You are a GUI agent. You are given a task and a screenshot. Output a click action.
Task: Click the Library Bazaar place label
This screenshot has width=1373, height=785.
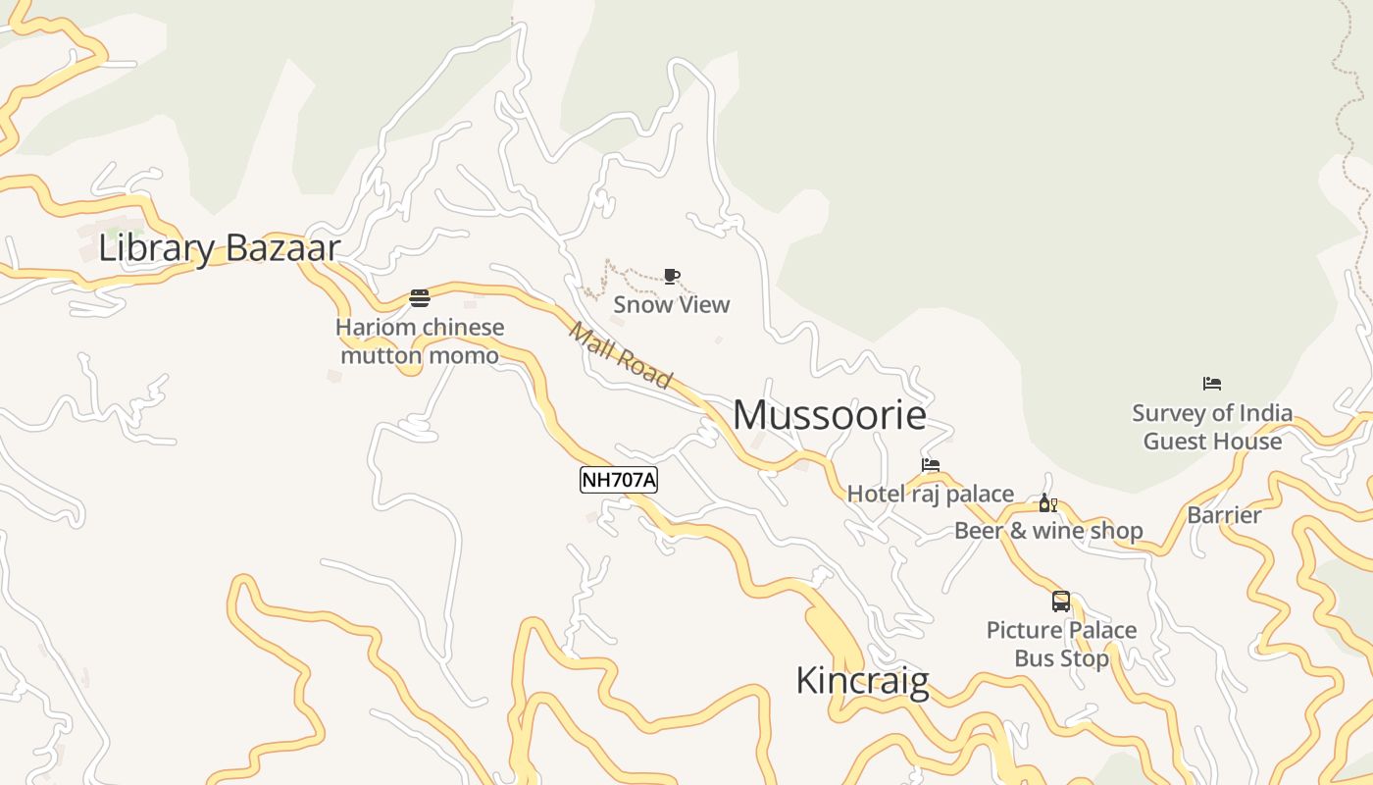coord(219,247)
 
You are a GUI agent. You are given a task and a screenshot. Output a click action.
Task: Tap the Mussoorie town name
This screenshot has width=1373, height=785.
coord(830,415)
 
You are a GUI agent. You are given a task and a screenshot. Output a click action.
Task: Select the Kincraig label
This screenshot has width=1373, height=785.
coord(862,680)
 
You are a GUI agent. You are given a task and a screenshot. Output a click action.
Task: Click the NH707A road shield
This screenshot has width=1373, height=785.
coord(618,480)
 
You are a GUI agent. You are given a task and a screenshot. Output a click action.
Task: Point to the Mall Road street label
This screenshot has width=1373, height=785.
coord(621,356)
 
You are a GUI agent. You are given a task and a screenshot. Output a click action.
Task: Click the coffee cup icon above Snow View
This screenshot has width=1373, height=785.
coord(672,276)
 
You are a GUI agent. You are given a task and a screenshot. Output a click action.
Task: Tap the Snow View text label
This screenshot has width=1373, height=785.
coord(672,304)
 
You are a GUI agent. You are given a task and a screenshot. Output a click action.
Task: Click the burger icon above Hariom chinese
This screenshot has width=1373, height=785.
coord(420,298)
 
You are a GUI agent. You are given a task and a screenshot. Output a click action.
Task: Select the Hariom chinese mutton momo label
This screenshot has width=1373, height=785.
coord(420,340)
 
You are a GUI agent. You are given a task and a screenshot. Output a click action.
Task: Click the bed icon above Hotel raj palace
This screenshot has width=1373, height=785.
coord(931,465)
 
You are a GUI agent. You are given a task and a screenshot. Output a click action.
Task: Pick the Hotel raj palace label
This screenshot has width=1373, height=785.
coord(931,494)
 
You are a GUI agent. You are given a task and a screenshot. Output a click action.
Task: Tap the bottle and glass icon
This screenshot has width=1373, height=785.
coord(1048,503)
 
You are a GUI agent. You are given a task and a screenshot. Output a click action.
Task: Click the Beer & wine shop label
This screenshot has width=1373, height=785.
coord(1048,531)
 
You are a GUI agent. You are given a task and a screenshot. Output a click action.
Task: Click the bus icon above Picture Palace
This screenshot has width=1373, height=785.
coord(1061,602)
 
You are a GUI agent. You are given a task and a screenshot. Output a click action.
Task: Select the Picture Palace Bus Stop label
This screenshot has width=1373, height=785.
coord(1062,644)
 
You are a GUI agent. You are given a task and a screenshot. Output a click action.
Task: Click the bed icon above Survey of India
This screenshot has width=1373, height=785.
coord(1212,384)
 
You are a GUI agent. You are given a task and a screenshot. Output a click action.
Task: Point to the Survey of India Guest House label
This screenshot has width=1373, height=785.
coord(1212,427)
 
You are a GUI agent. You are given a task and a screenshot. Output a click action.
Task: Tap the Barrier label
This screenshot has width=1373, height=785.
coord(1224,515)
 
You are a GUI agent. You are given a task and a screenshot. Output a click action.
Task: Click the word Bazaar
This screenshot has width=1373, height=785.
coord(281,247)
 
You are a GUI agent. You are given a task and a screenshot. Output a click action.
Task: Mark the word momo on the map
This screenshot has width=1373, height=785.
coord(463,355)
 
